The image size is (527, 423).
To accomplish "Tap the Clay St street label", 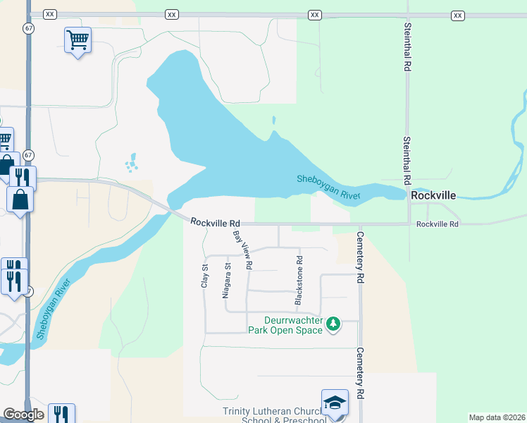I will (204, 275).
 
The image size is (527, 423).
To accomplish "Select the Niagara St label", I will (226, 281).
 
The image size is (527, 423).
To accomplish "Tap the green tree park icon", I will (333, 324).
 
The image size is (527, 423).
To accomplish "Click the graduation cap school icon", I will (335, 403).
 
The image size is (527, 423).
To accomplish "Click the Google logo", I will (23, 415).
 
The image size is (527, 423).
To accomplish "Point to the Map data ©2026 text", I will (496, 417).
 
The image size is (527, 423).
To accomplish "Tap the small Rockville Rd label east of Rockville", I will (437, 224).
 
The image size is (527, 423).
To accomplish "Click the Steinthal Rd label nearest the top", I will (407, 47).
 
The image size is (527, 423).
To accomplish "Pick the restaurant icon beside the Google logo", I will (62, 415).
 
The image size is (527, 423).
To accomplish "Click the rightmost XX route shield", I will (458, 15).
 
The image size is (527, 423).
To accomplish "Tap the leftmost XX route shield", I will (49, 15).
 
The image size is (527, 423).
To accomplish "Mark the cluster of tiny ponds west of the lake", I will (131, 164).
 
